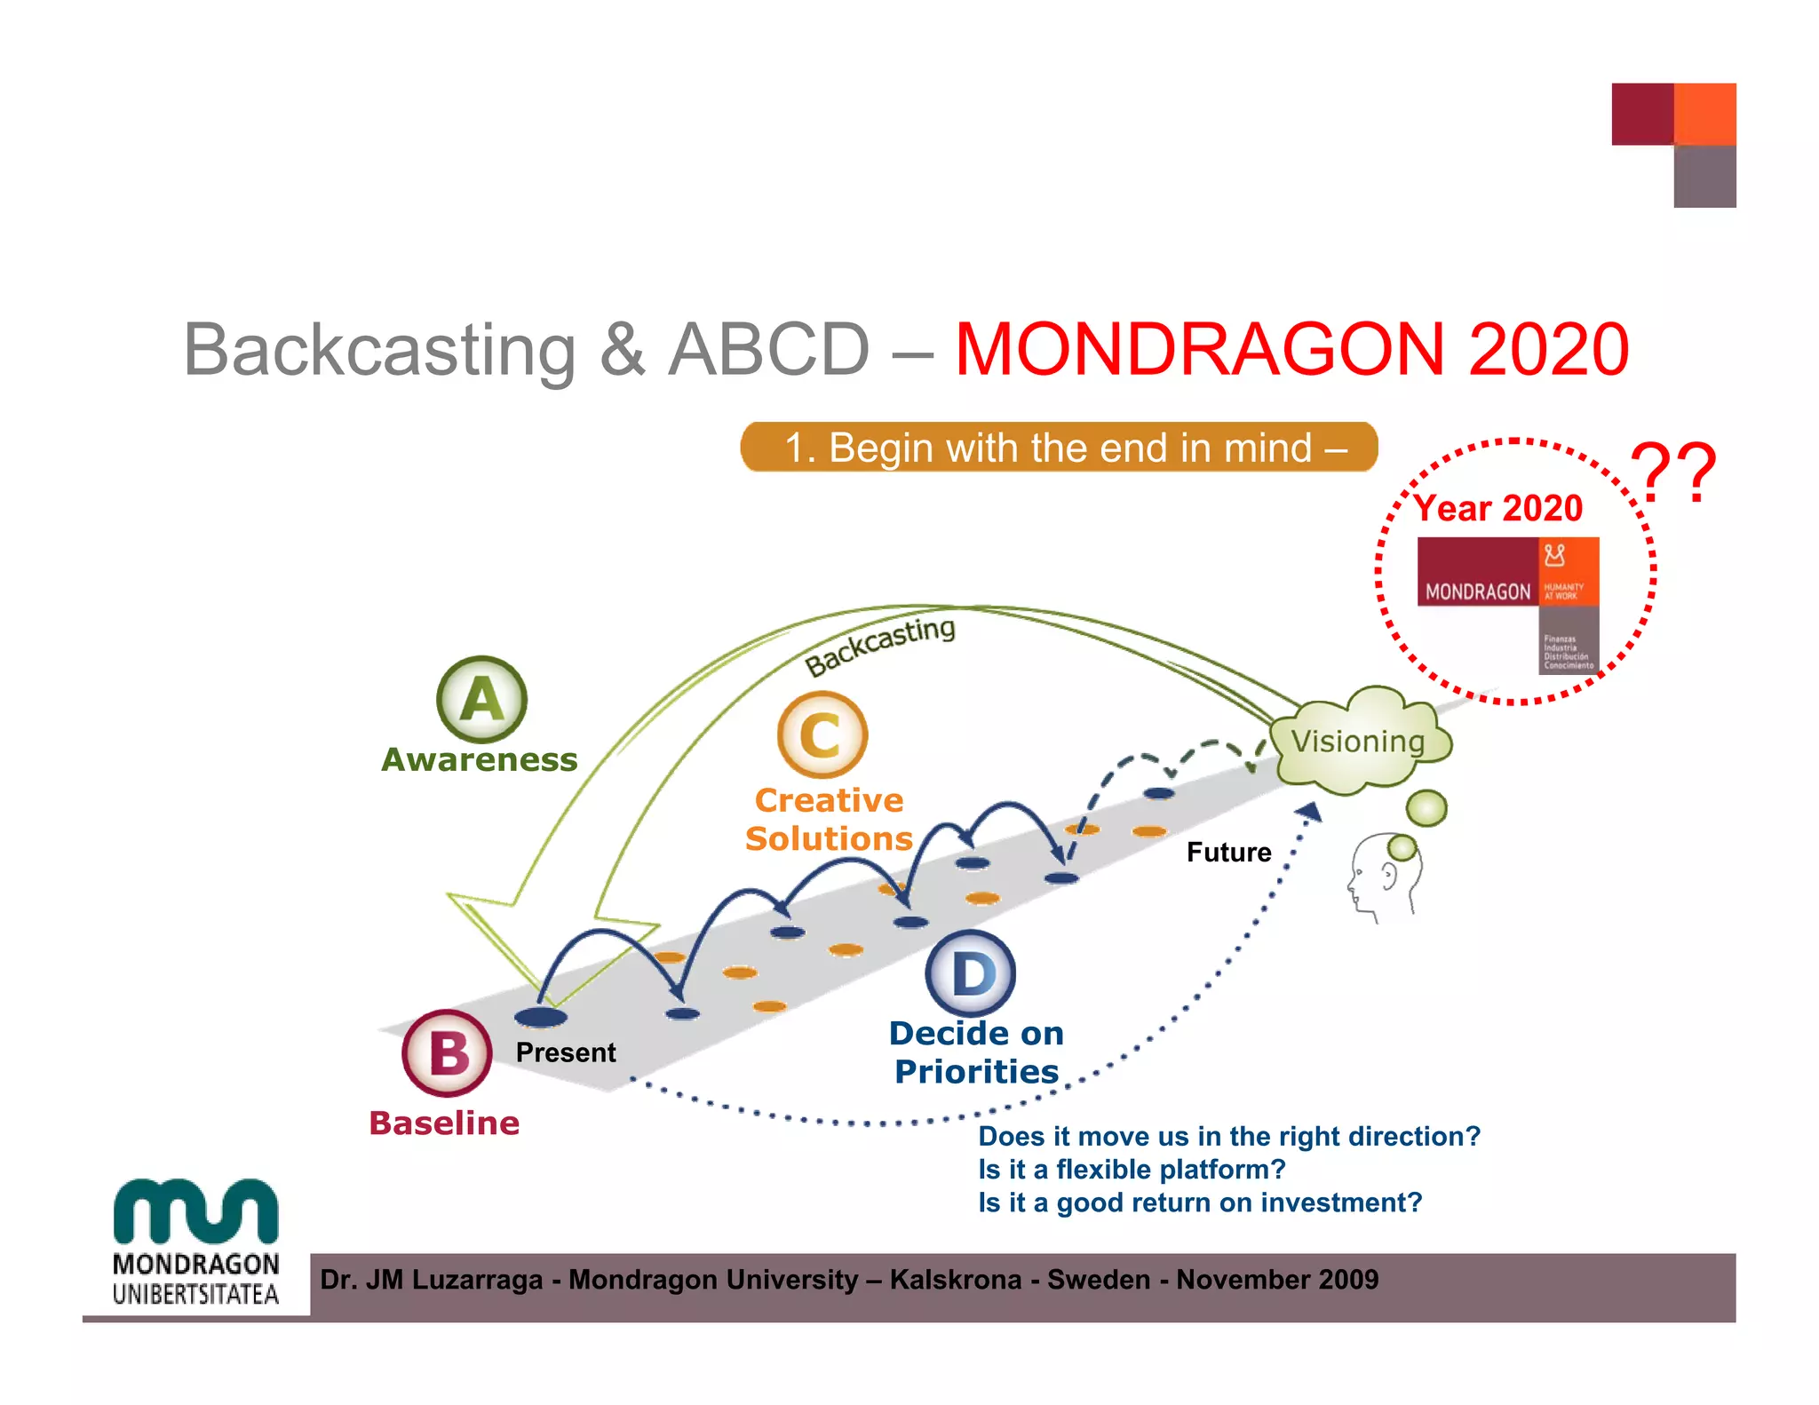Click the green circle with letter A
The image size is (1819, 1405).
(x=481, y=700)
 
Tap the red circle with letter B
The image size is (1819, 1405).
(x=447, y=1053)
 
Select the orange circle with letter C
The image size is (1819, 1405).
(x=822, y=735)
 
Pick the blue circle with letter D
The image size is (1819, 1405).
(x=970, y=973)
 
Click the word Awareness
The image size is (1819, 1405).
(x=480, y=760)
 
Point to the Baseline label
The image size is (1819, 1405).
(x=444, y=1123)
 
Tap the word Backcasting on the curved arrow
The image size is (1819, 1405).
(x=879, y=644)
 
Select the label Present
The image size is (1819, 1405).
(x=566, y=1052)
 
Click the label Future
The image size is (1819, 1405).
(x=1228, y=853)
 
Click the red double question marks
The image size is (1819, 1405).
(x=1674, y=473)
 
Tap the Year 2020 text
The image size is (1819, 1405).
(x=1498, y=509)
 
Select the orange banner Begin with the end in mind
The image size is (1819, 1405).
(x=1059, y=448)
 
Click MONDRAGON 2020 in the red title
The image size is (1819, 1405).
(x=1291, y=350)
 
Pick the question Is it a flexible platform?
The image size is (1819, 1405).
(x=1132, y=1170)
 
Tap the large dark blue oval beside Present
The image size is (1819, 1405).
(x=540, y=1016)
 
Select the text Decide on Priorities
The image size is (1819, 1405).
(x=976, y=1052)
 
